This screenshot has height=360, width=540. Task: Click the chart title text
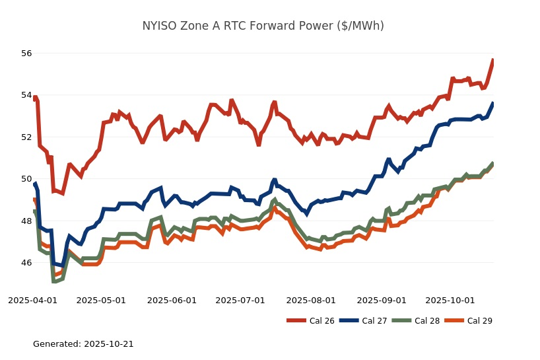pyautogui.click(x=263, y=26)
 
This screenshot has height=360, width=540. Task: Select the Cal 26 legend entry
pyautogui.click(x=310, y=321)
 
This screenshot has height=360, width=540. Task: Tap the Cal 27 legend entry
pyautogui.click(x=362, y=321)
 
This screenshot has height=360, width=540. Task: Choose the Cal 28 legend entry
pyautogui.click(x=415, y=321)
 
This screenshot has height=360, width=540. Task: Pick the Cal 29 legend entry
pyautogui.click(x=468, y=321)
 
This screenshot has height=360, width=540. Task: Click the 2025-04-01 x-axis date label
pyautogui.click(x=32, y=300)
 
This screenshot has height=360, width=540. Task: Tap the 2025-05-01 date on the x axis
pyautogui.click(x=101, y=300)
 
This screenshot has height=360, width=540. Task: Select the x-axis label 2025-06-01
pyautogui.click(x=172, y=300)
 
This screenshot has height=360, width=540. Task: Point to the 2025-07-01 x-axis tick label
pyautogui.click(x=240, y=300)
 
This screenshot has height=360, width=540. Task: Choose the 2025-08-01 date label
pyautogui.click(x=311, y=300)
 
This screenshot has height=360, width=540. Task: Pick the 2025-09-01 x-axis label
pyautogui.click(x=382, y=300)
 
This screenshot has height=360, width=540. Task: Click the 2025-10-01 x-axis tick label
pyautogui.click(x=450, y=300)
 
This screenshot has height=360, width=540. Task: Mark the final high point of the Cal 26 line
pyautogui.click(x=493, y=60)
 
